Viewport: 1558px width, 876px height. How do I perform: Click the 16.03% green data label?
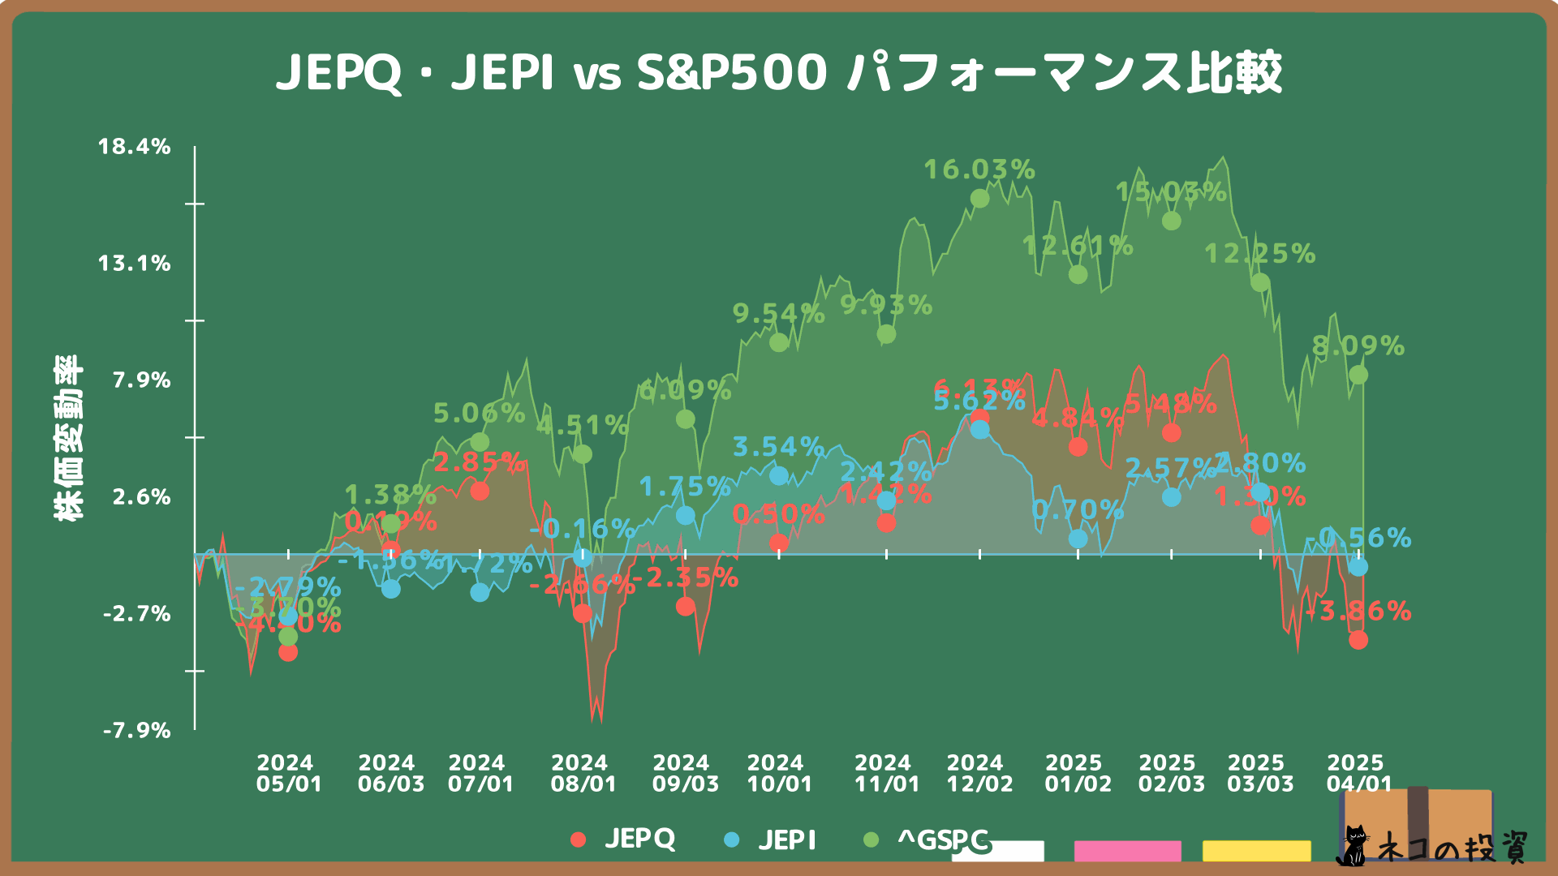point(979,170)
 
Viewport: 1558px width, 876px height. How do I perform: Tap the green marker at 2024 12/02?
point(979,199)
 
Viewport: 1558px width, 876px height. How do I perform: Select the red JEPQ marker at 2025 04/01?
point(1358,640)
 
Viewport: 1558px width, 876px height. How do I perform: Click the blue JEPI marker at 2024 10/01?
point(778,475)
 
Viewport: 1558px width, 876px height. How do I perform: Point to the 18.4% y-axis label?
point(135,147)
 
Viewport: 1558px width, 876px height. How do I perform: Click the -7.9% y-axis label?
point(136,731)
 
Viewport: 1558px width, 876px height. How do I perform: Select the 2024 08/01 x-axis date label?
point(583,773)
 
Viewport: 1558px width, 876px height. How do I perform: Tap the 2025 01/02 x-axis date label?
point(1078,773)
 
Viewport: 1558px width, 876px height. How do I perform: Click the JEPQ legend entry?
point(623,839)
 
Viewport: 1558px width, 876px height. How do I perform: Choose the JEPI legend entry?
point(770,839)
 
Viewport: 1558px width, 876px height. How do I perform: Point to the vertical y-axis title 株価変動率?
point(68,438)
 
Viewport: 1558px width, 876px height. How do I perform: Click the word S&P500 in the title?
point(731,72)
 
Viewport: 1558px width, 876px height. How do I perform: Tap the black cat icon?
point(1354,846)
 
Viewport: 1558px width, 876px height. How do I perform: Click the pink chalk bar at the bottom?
point(1127,850)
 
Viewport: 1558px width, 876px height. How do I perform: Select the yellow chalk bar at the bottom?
point(1256,850)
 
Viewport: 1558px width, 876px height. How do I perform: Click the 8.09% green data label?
point(1358,346)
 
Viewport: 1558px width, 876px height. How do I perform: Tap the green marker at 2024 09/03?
point(685,419)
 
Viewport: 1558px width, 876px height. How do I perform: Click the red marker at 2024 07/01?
point(480,491)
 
